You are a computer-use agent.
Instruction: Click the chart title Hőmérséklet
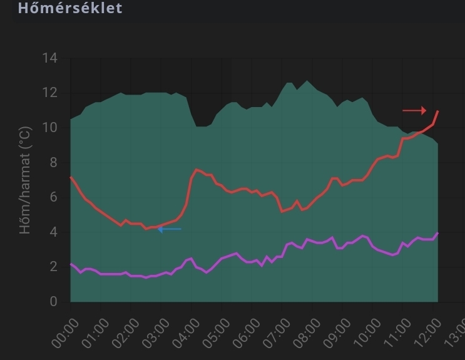point(61,8)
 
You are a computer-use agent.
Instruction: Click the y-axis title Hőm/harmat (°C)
point(25,180)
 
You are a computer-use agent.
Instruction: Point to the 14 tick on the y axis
point(50,59)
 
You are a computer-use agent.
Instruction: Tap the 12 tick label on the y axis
point(50,93)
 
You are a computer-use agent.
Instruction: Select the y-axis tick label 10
point(50,128)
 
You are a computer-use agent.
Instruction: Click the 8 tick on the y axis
point(53,163)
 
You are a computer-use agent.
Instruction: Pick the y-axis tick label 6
point(53,198)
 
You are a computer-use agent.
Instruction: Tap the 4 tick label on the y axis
point(53,232)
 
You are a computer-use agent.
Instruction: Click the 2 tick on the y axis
point(53,267)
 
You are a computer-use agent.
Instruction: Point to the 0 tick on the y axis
point(53,302)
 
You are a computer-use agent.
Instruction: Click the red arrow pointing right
point(414,111)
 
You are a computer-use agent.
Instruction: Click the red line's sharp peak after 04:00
point(197,169)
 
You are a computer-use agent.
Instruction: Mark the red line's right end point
point(438,111)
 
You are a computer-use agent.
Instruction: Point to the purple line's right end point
point(438,233)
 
